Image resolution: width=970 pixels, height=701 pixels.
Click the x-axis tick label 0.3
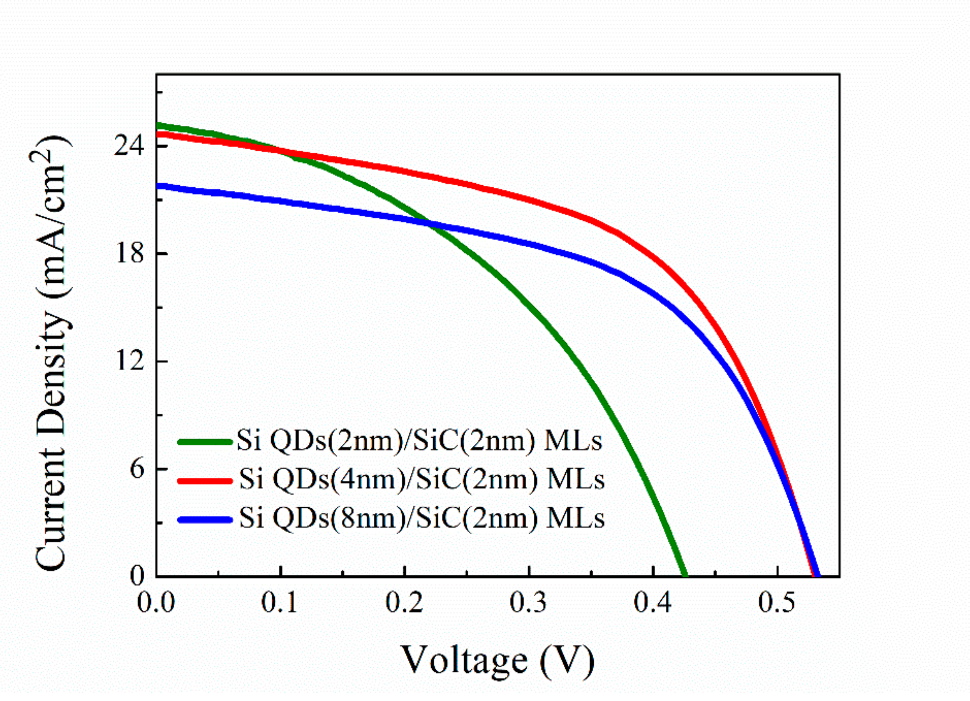click(x=529, y=603)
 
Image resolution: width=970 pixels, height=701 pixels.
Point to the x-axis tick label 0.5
click(x=777, y=603)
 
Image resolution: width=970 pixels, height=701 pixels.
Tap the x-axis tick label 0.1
click(x=280, y=603)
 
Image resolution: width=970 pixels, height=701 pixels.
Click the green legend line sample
click(x=205, y=441)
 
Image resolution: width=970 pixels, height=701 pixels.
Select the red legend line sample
click(x=205, y=481)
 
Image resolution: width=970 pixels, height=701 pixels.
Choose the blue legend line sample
click(x=205, y=520)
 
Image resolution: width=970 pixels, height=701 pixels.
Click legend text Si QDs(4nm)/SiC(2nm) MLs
click(x=421, y=480)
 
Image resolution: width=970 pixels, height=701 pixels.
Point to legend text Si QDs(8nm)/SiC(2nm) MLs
click(x=421, y=519)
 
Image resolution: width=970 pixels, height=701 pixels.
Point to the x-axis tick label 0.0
click(x=156, y=603)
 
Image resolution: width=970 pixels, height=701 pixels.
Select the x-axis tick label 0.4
click(x=653, y=603)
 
